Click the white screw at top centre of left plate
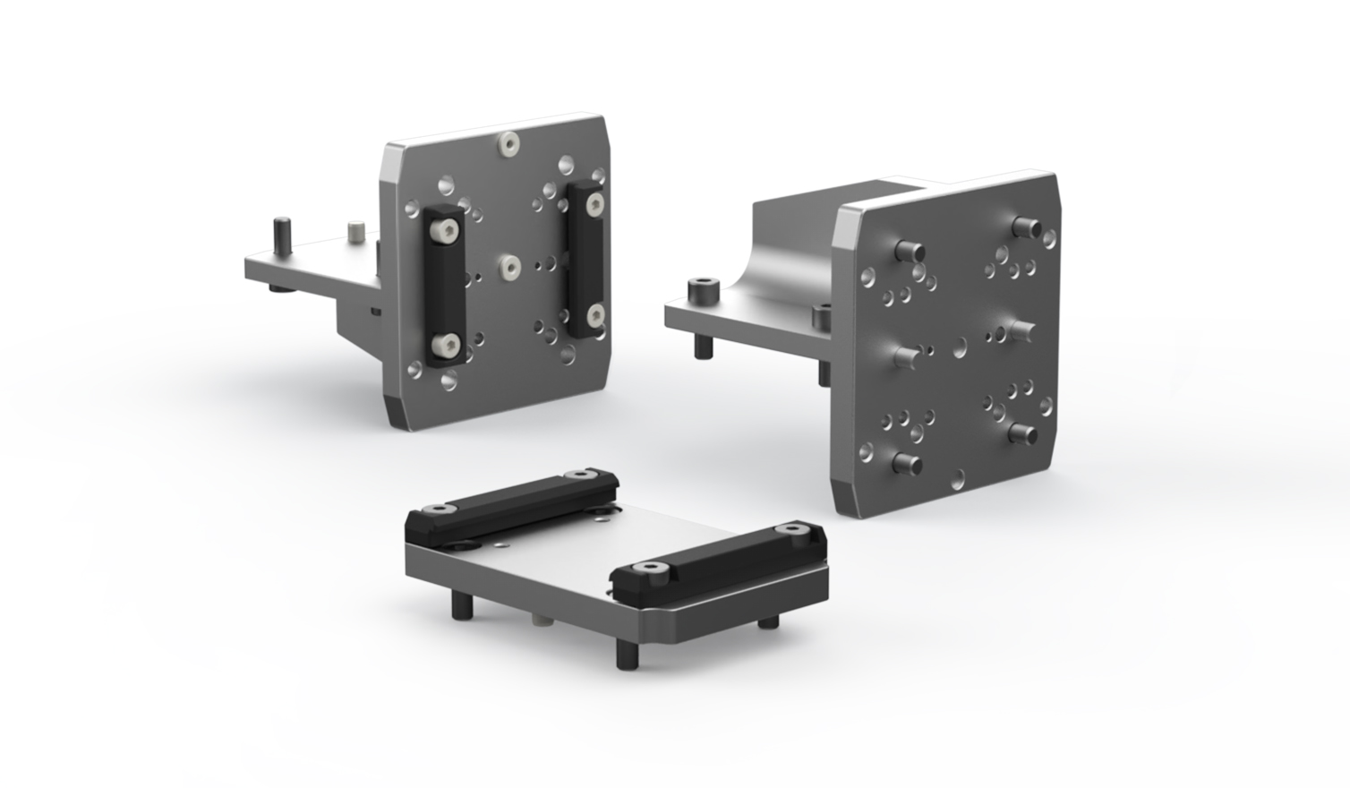coord(509,143)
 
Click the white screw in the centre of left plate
coord(509,265)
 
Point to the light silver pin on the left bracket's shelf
coord(355,231)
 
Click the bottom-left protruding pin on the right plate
coord(906,464)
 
